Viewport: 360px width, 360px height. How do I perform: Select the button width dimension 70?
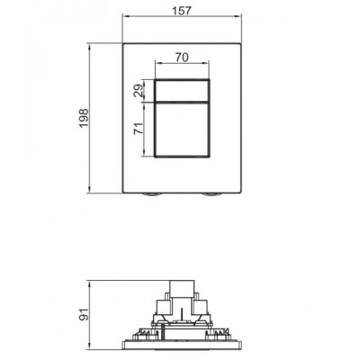coord(183,56)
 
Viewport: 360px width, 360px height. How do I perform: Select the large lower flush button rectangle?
coord(183,131)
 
